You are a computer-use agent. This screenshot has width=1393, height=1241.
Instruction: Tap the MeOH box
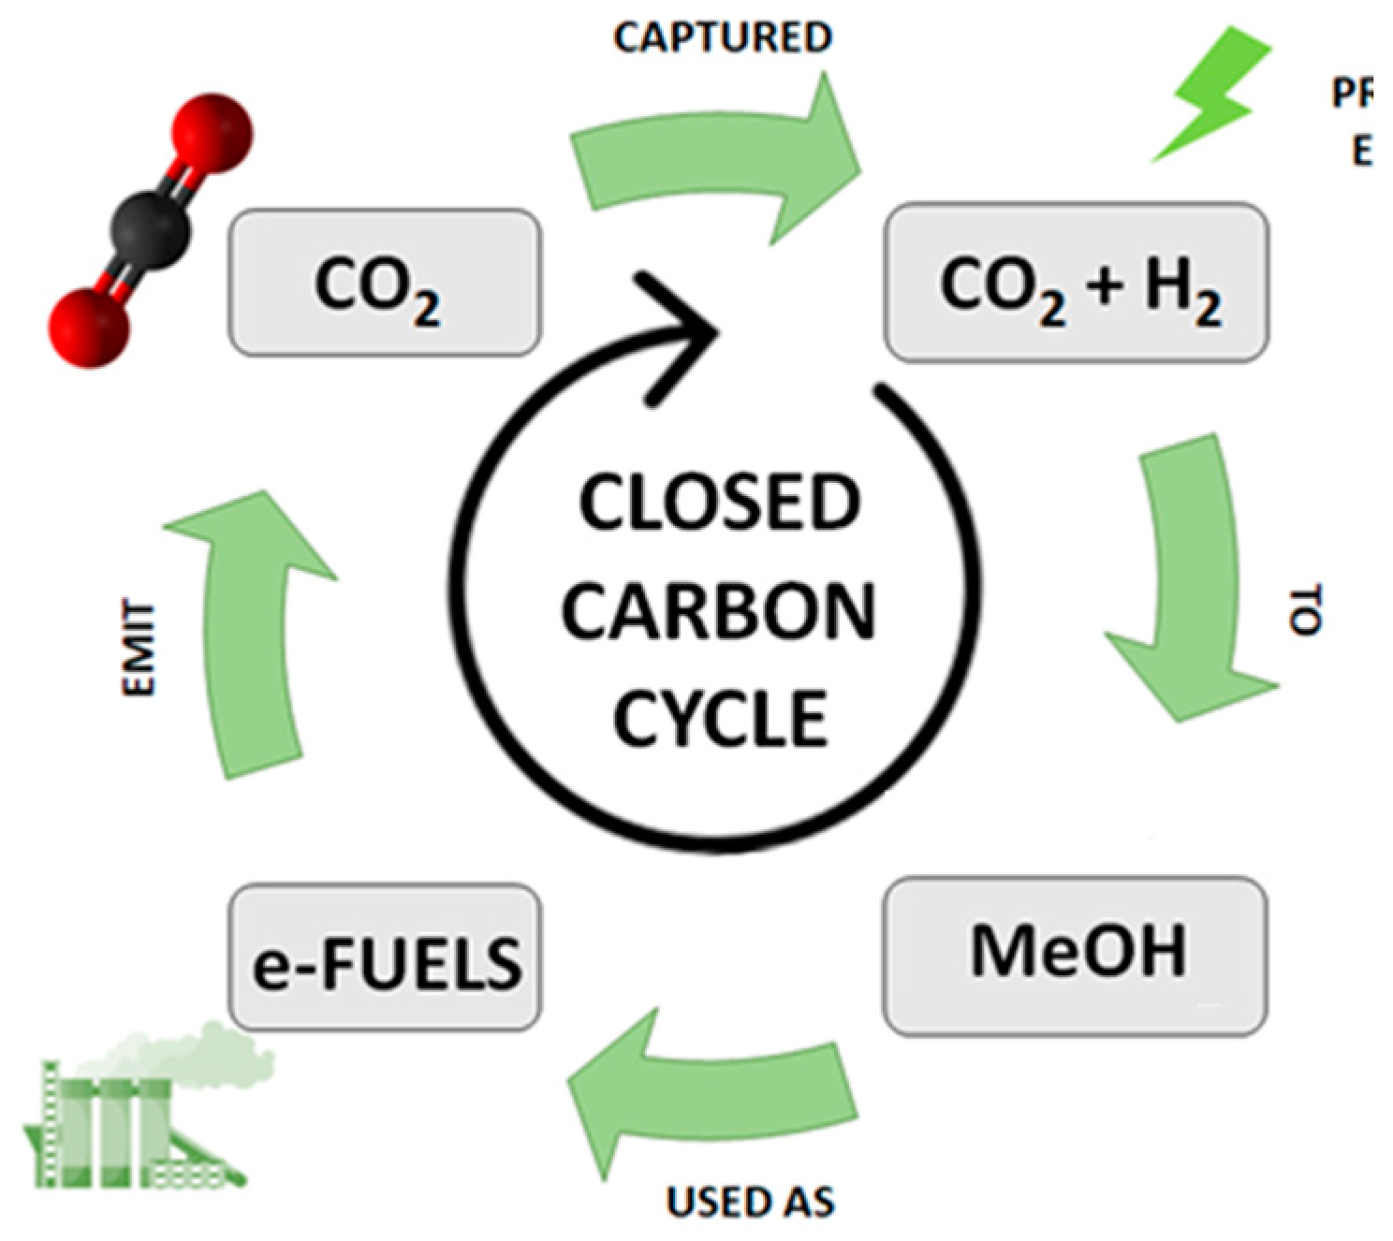(x=1075, y=955)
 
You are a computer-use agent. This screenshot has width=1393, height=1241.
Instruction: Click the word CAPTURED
(x=723, y=37)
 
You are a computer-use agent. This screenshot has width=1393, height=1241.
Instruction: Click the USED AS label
(x=750, y=1203)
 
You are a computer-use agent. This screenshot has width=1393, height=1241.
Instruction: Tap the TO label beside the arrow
(x=1305, y=610)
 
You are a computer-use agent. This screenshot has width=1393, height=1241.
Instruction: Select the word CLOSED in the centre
(x=719, y=503)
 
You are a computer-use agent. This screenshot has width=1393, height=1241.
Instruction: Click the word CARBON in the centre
(x=719, y=612)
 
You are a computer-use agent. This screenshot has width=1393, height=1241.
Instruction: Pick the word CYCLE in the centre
(x=719, y=719)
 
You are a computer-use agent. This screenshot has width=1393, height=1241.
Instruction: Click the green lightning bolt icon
(x=1211, y=94)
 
